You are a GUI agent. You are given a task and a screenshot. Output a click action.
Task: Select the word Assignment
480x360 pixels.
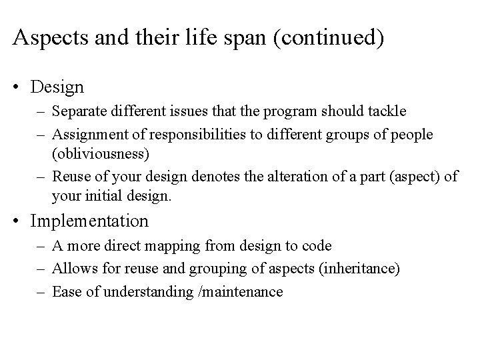(89, 135)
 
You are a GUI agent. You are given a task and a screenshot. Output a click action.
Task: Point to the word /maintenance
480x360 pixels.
(243, 291)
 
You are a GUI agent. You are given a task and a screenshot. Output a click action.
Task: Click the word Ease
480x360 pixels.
(66, 291)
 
